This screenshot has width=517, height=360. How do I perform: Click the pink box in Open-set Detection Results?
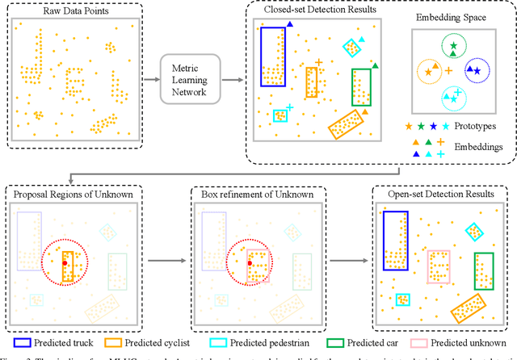tap(438, 266)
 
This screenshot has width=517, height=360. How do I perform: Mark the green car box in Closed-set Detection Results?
tap(361, 87)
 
